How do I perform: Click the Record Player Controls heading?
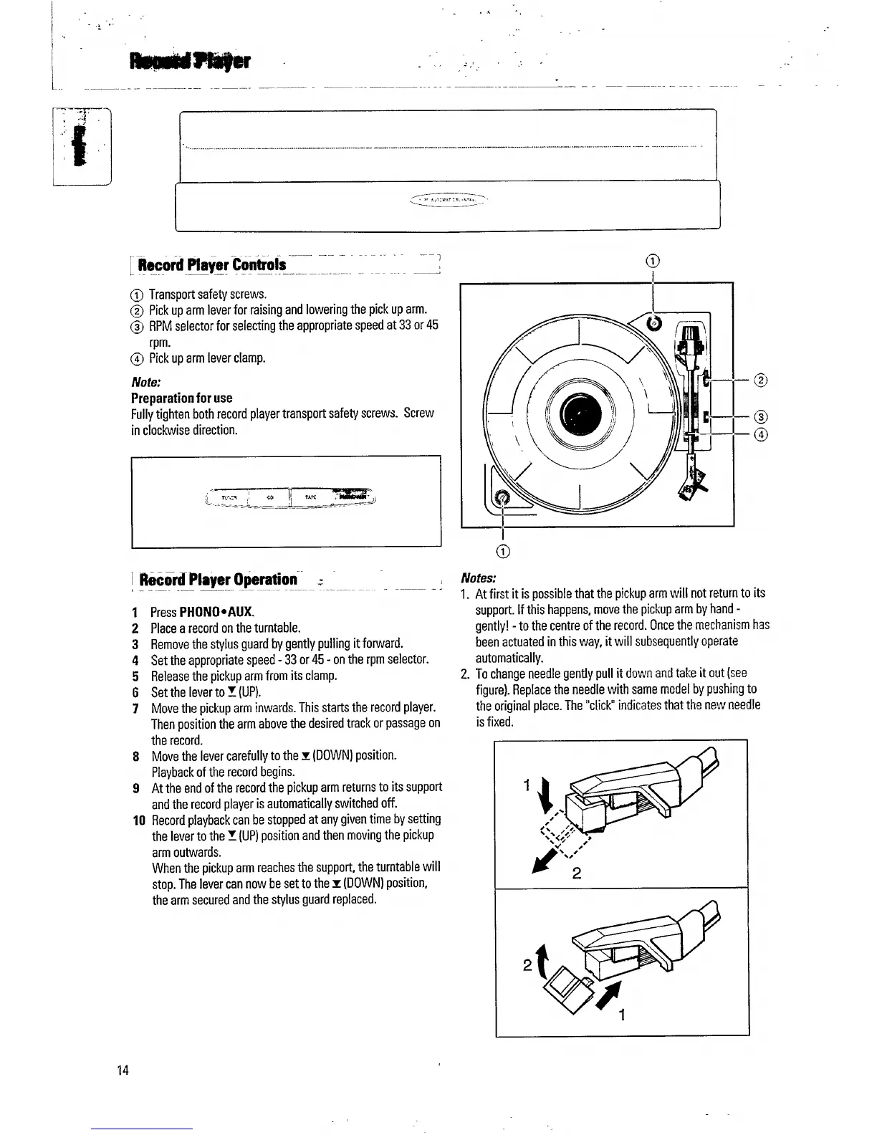click(212, 264)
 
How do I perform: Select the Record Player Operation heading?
click(218, 579)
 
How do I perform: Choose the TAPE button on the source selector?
click(310, 496)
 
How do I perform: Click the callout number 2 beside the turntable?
click(761, 380)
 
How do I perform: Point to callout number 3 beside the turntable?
click(761, 417)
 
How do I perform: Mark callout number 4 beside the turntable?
click(761, 434)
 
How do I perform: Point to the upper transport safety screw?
click(654, 324)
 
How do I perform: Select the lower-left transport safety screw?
click(502, 495)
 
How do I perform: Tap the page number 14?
click(123, 1071)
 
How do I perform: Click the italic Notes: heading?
click(479, 578)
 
